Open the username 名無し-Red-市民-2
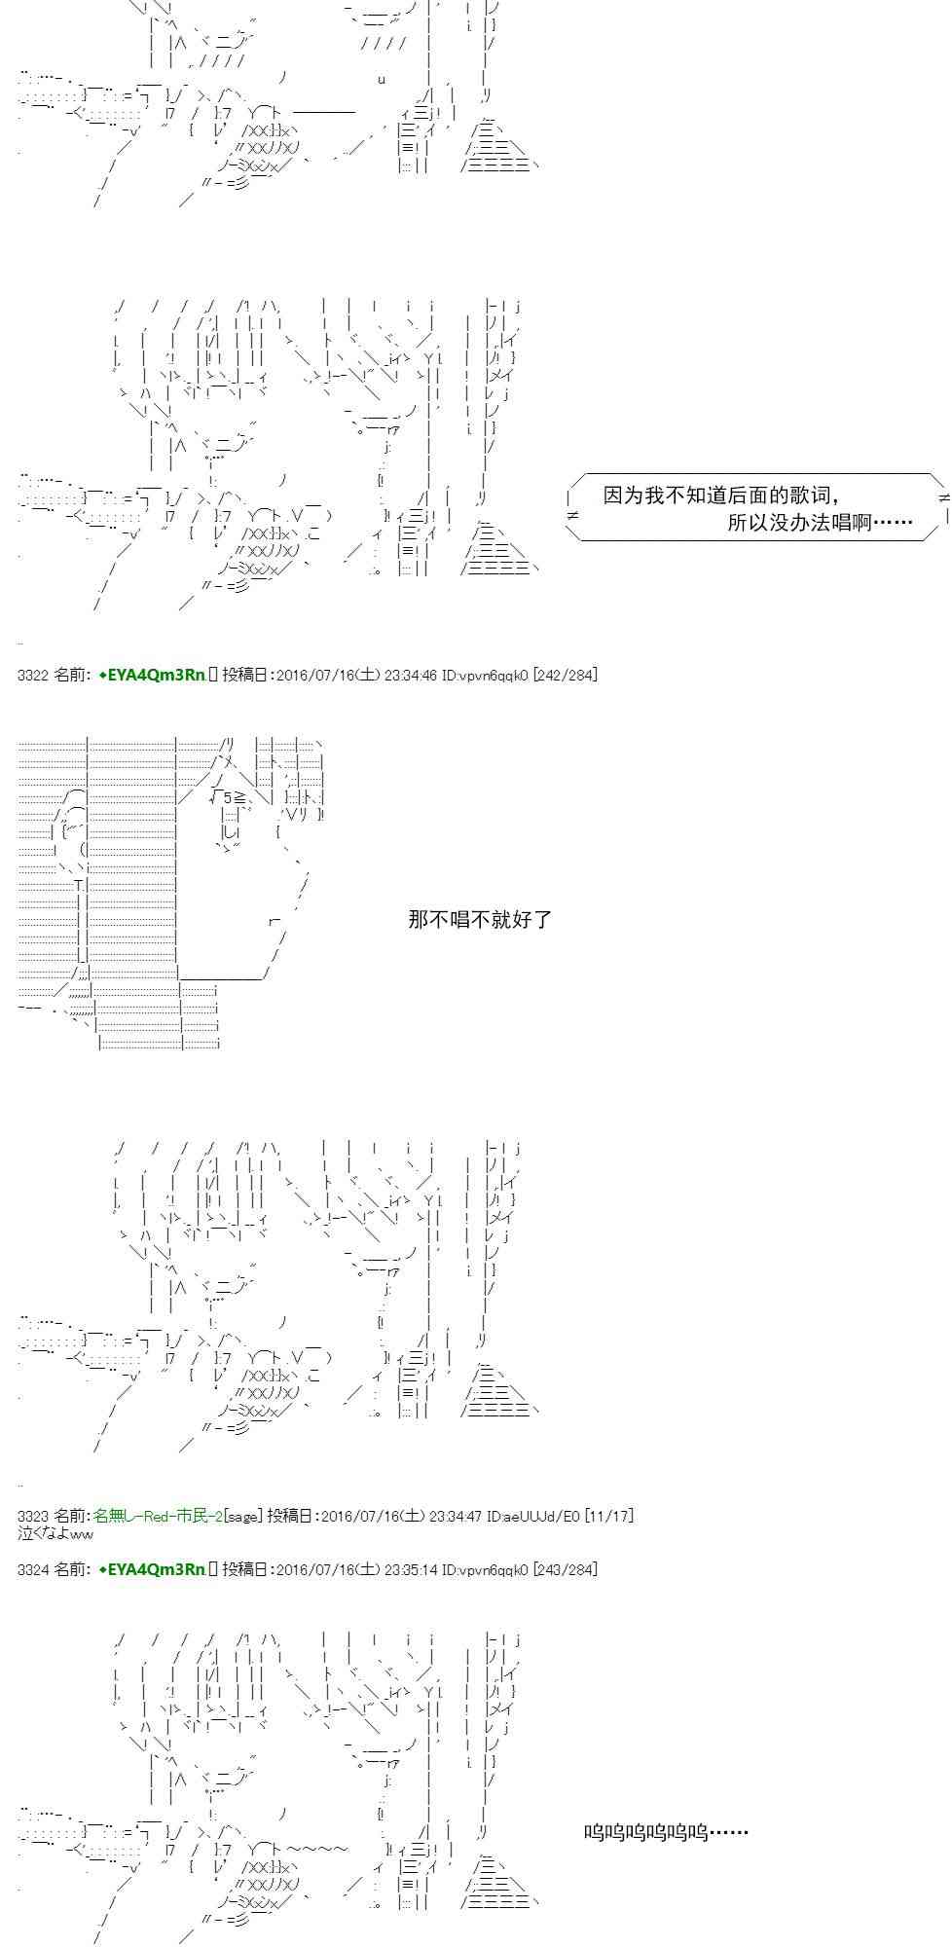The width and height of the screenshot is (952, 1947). click(159, 1516)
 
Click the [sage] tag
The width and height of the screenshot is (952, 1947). click(242, 1516)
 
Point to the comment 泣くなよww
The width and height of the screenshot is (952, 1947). click(55, 1533)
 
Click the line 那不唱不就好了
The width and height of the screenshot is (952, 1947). click(480, 919)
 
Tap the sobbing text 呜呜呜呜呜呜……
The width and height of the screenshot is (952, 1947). click(666, 1832)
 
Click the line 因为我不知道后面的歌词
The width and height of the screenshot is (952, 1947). click(721, 496)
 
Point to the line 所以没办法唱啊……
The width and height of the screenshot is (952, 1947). click(820, 523)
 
